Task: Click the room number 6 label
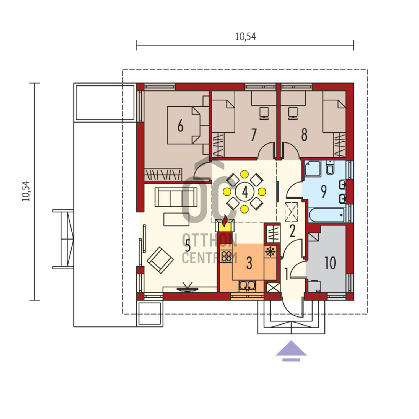tap(181, 126)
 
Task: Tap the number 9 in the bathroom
tap(323, 191)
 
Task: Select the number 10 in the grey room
tap(330, 263)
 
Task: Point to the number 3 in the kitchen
tap(249, 263)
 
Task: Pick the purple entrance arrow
tap(291, 351)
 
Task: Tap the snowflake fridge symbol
tap(270, 252)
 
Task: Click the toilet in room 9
tap(330, 167)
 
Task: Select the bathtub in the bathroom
tap(326, 214)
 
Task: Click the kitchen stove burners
tap(226, 256)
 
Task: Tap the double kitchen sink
tap(247, 286)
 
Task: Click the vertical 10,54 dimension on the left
tap(34, 192)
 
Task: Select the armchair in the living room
tap(160, 260)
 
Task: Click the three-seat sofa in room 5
tap(176, 197)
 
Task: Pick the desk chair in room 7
tap(264, 113)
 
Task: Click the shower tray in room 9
tap(313, 169)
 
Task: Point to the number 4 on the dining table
tap(245, 192)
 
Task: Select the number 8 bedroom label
tap(304, 135)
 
